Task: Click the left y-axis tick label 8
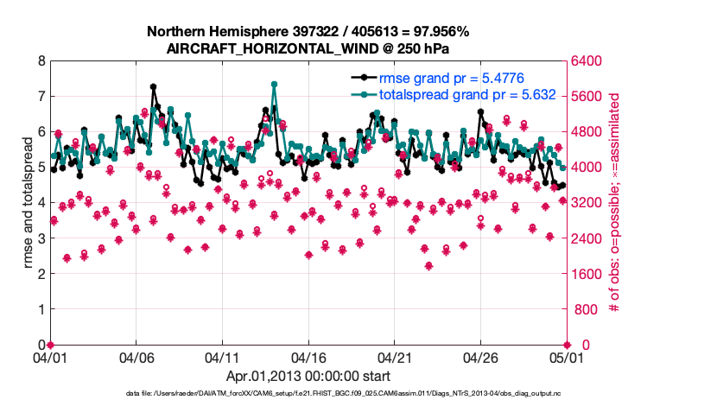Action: point(41,61)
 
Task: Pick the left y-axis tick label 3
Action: point(41,238)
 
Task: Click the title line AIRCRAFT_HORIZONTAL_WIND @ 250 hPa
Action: point(308,48)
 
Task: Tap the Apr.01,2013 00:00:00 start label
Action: point(308,377)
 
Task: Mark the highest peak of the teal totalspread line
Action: point(274,84)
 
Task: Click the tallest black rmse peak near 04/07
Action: point(153,86)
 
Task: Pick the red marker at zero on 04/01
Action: point(50,345)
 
